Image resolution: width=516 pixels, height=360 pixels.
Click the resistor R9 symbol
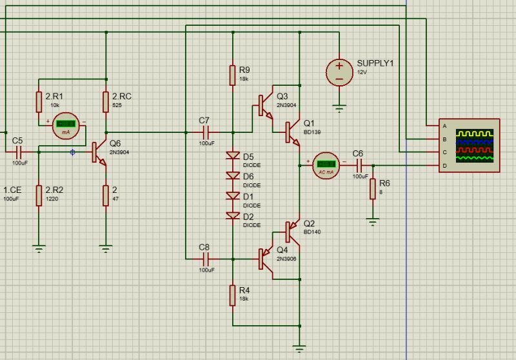pos(232,75)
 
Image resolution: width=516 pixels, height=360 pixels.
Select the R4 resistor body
pos(232,295)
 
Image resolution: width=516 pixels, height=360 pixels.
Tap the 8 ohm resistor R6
pos(372,189)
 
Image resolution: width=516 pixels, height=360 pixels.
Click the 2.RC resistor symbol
pos(106,101)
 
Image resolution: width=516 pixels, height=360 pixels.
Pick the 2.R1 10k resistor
pos(39,101)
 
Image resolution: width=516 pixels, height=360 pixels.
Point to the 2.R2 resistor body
pos(39,195)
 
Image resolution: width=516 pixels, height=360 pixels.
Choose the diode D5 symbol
pos(232,155)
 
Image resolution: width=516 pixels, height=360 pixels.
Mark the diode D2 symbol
pos(232,215)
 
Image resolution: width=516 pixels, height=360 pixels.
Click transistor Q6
pos(97,152)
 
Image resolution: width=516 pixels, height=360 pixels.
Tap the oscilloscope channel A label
pos(444,126)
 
